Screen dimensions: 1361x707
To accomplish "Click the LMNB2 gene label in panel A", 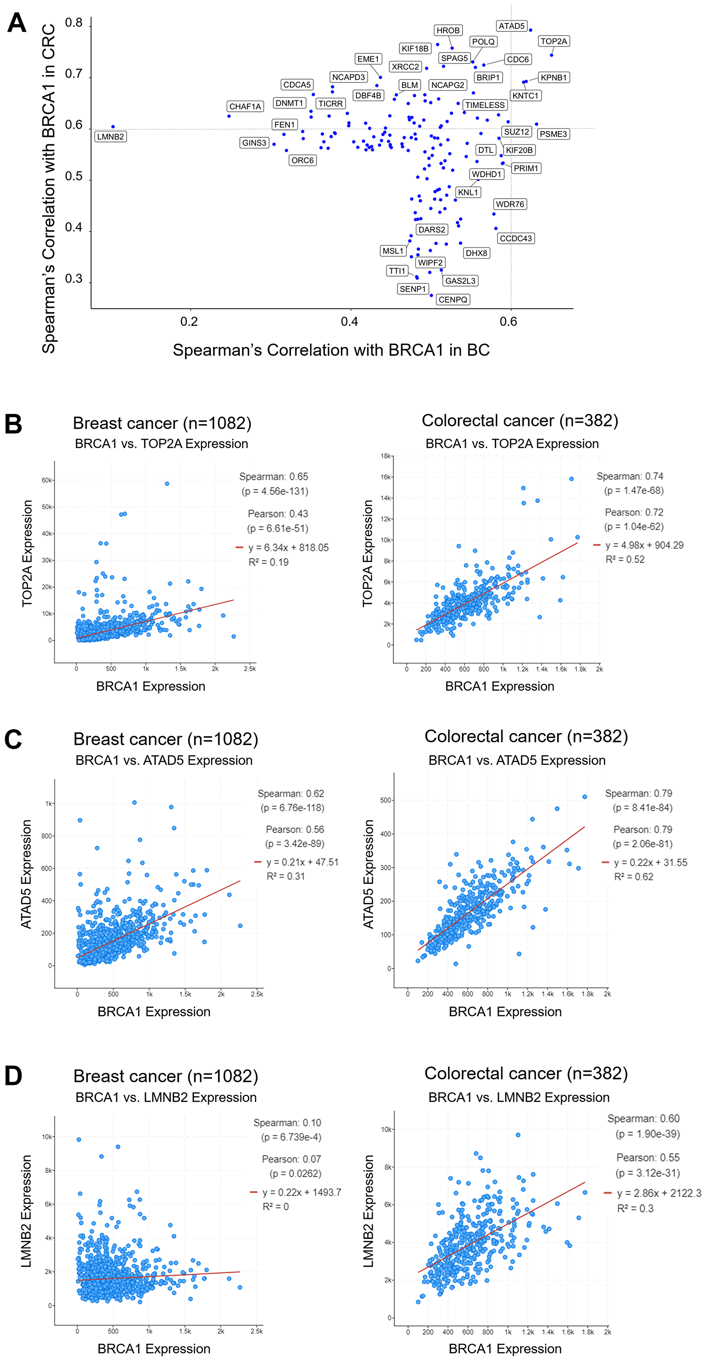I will [x=110, y=137].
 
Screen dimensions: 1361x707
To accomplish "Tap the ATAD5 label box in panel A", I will [x=512, y=26].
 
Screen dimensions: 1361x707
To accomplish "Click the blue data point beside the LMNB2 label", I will [x=113, y=127].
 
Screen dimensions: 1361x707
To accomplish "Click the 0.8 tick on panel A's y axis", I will [x=74, y=23].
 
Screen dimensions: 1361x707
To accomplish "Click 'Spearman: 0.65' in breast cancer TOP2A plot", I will [x=274, y=477].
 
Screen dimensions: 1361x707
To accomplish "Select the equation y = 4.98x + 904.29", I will [x=644, y=545].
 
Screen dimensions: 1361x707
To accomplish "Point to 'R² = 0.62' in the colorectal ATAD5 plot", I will [x=633, y=877].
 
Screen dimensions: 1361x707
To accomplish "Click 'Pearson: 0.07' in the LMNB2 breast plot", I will [x=291, y=1159].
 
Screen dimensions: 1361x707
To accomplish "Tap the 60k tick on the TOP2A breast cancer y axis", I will [x=46, y=480].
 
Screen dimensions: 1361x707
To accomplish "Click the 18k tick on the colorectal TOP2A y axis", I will [x=385, y=456].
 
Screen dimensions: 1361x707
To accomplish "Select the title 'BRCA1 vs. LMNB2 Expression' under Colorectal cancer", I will [x=519, y=1097].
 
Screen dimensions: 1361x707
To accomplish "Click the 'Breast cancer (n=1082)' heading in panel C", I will [x=166, y=739].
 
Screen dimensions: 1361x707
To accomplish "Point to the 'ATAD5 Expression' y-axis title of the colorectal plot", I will [x=368, y=874].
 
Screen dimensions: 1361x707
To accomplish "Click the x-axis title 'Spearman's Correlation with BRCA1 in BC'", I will [x=331, y=350].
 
